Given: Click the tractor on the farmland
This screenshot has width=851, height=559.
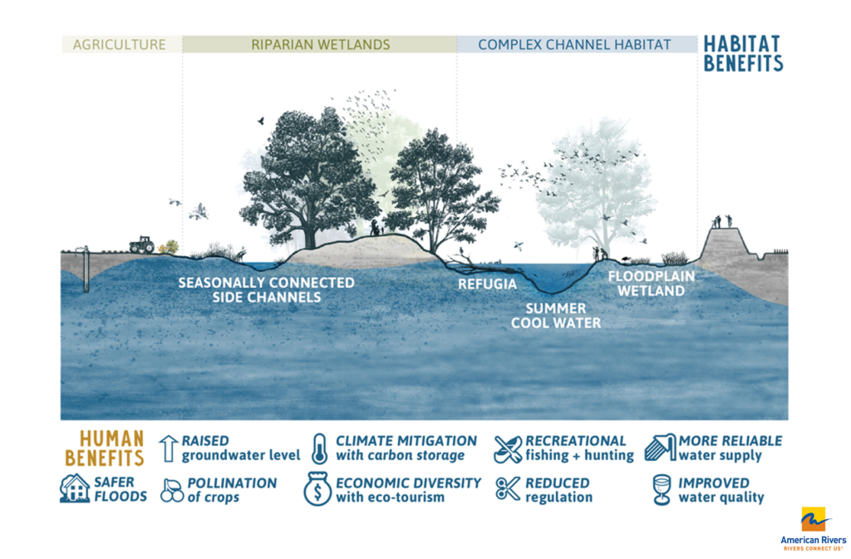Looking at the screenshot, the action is pos(141,245).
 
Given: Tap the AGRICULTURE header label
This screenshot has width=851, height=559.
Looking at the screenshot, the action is pos(120,45).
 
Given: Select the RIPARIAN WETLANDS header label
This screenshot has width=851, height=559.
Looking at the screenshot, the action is pos(320,45).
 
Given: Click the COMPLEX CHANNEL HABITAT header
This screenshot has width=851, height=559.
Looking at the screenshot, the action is pos(574,45).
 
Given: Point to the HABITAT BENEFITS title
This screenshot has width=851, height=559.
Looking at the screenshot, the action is pos(743,54).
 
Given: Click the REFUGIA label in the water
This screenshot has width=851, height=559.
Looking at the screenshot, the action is pos(487,284).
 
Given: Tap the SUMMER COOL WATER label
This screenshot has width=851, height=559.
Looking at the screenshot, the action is pos(556,315).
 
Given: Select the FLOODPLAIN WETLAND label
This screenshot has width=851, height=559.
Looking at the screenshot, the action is pos(652,284).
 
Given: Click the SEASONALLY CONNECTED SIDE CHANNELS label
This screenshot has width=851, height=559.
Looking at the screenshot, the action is pos(267,290).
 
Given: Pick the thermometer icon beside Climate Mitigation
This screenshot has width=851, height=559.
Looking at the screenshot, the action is pos(320,448).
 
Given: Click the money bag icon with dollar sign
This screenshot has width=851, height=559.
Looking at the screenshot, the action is pos(317,489).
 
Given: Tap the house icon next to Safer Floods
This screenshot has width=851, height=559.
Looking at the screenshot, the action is pos(74,487).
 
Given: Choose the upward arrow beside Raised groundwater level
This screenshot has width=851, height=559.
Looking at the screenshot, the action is pos(168,448).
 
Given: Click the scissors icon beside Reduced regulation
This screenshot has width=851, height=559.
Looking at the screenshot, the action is pos(508,488).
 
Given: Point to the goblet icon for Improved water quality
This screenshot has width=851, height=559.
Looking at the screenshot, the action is pos(662,489).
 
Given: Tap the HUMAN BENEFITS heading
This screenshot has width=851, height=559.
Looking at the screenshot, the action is pos(105,448).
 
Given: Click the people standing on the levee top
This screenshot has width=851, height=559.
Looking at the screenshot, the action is pos(722,221).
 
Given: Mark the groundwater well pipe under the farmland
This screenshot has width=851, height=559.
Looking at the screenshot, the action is pos(86,270).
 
